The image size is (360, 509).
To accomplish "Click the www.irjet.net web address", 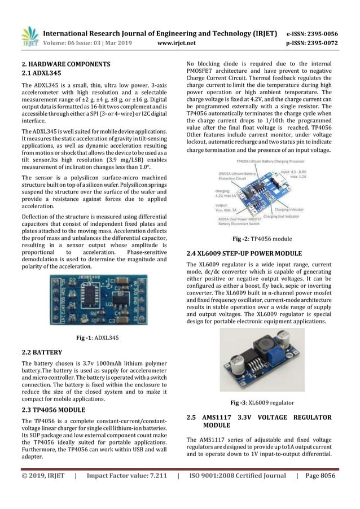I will click(179, 41).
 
